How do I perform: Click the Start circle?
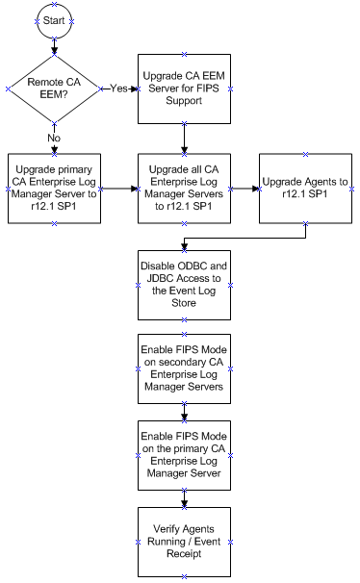point(54,19)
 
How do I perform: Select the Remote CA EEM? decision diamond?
point(54,88)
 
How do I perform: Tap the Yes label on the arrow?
point(119,88)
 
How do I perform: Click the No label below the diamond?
point(54,137)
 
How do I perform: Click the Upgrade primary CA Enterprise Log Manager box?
point(54,189)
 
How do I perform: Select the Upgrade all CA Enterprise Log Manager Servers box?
point(184,189)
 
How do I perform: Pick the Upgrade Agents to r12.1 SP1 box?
point(306,189)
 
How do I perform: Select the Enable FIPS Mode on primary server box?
point(184,454)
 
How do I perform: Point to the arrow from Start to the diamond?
point(54,44)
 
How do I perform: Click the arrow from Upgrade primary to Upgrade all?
point(118,189)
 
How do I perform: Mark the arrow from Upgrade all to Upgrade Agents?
point(245,189)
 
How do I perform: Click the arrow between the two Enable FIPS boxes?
point(184,410)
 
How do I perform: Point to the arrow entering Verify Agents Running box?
point(184,497)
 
